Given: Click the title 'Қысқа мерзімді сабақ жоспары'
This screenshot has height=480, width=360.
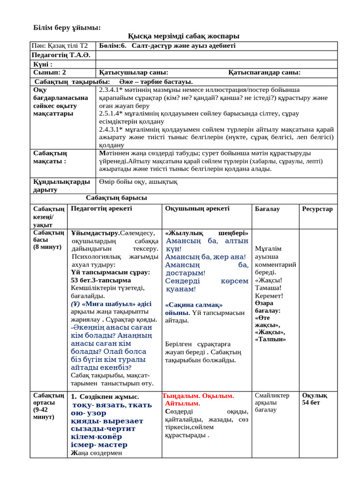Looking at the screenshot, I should [183, 36].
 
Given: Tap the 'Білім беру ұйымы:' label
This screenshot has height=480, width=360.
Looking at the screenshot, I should [67, 27].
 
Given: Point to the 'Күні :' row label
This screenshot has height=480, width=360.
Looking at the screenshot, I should [43, 64].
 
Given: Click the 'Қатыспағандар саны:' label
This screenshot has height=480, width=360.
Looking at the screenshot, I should [264, 72].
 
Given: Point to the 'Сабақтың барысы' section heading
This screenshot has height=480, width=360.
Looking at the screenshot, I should [116, 198].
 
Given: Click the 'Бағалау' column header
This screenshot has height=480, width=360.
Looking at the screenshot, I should [267, 209].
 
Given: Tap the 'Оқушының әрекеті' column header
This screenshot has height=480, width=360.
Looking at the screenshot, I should [197, 209].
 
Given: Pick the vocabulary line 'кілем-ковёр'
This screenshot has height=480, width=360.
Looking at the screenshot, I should [96, 436].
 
